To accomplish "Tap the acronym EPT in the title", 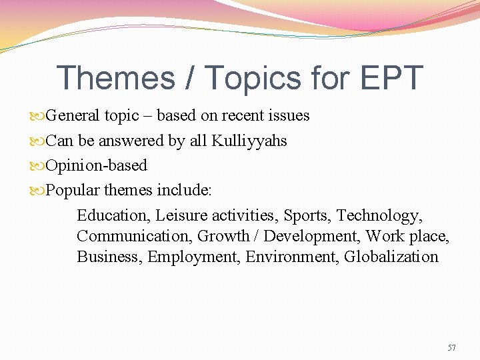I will (393, 78).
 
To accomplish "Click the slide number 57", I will (451, 347).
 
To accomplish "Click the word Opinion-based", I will (96, 165).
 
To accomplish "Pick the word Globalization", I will (391, 257).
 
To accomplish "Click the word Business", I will (109, 257).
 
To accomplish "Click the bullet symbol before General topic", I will (39, 116).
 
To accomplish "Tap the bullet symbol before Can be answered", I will (39, 141).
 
